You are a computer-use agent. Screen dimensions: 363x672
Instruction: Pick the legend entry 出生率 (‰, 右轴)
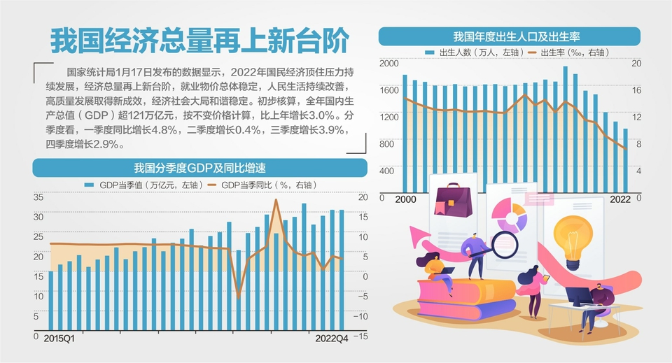click(568, 52)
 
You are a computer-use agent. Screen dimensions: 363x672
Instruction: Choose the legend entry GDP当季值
click(143, 185)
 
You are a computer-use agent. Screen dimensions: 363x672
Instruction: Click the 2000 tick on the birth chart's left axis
click(388, 64)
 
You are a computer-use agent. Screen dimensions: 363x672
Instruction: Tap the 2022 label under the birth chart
click(620, 199)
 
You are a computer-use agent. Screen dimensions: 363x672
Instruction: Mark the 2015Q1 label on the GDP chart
click(59, 338)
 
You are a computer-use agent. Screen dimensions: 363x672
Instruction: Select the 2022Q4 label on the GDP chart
click(330, 338)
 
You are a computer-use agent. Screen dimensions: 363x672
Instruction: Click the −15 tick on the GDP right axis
click(361, 336)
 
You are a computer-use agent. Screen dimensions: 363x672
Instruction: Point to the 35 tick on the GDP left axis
click(38, 197)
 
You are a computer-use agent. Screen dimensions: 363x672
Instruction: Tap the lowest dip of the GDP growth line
click(238, 297)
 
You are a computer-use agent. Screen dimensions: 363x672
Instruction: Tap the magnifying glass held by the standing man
click(505, 243)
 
